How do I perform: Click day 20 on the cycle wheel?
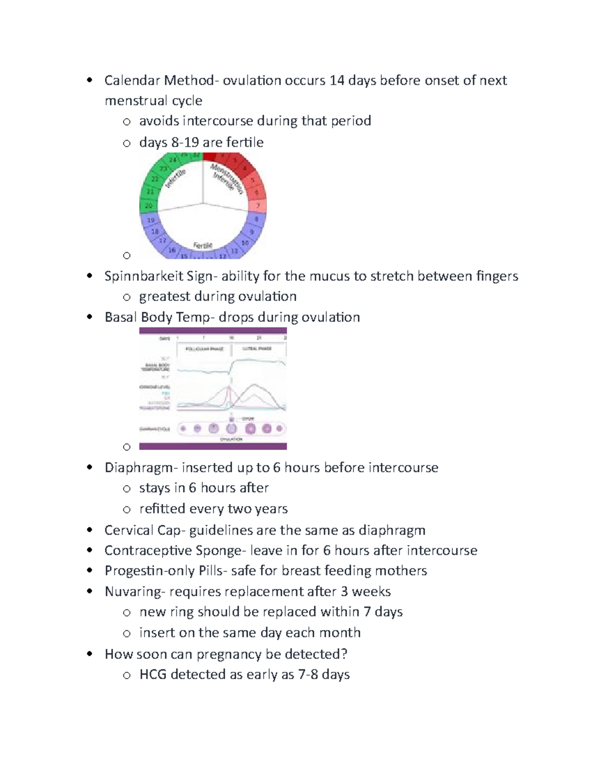[148, 206]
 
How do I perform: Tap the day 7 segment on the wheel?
[258, 205]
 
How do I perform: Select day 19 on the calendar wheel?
[150, 220]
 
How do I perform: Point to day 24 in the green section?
[173, 160]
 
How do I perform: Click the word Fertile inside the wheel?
[203, 245]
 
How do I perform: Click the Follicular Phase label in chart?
[204, 349]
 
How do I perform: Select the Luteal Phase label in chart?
[257, 349]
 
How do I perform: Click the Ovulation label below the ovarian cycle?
[231, 439]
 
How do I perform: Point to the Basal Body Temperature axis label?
[156, 367]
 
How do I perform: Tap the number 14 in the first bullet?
[337, 80]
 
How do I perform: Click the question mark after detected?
[344, 654]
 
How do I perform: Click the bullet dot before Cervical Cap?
[89, 530]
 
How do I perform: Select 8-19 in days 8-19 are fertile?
[185, 143]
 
